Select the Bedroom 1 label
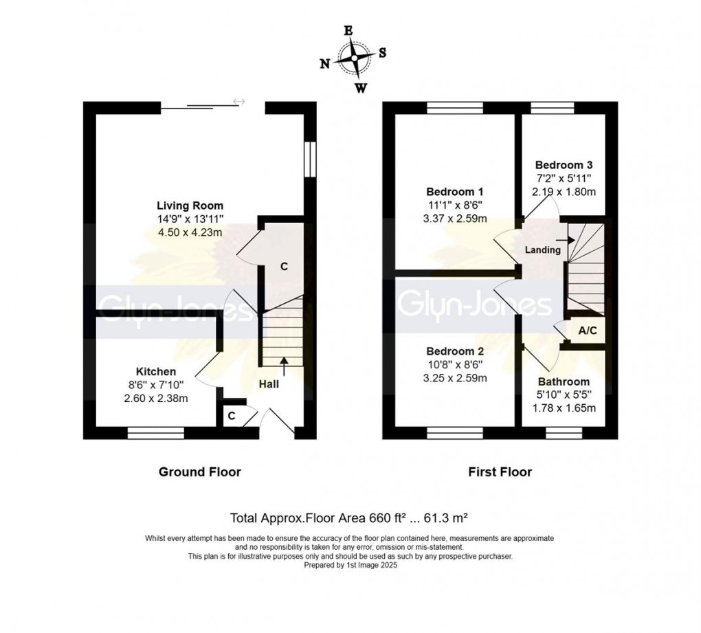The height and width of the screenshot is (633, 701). coord(450,191)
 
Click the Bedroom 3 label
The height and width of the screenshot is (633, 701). coord(564,165)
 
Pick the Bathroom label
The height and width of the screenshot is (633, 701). coord(564,381)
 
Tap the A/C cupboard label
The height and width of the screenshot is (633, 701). coord(588,331)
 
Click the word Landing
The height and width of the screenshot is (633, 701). coord(543,250)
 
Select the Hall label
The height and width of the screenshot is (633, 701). coord(269,384)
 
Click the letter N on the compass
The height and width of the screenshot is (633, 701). coord(324,64)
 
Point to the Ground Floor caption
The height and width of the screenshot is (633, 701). coord(200,471)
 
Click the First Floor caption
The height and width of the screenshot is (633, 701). coord(500,471)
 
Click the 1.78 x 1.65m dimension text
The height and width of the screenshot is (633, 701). coord(564,408)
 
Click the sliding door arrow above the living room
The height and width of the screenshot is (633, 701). coord(238,102)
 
